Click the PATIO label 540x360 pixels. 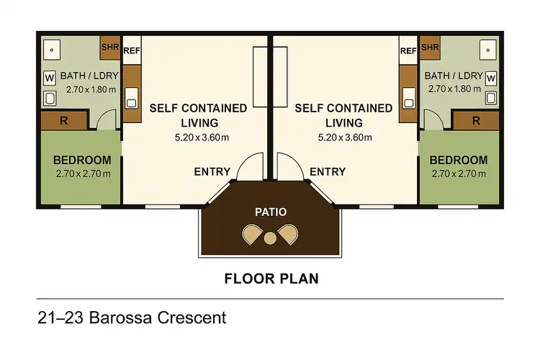(x=270, y=212)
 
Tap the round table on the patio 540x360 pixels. (x=270, y=238)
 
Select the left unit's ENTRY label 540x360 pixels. (x=212, y=171)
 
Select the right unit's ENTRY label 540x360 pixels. (x=328, y=171)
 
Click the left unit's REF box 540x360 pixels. (x=131, y=51)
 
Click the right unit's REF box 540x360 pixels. (x=408, y=51)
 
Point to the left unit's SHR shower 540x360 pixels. (x=109, y=48)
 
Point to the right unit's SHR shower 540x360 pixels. (x=430, y=48)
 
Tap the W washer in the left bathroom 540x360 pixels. (x=50, y=76)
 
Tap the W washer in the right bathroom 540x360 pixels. (x=490, y=76)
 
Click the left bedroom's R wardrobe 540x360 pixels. (x=64, y=121)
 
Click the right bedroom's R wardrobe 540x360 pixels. (x=476, y=121)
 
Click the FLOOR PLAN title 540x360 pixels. (x=271, y=277)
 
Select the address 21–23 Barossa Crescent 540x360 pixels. (x=131, y=317)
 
